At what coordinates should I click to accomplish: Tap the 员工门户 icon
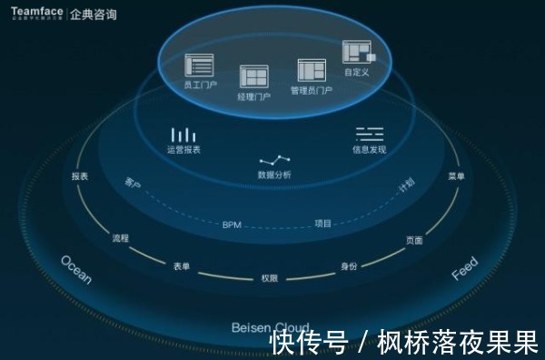coord(199,65)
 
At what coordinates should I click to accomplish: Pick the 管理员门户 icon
coord(311,70)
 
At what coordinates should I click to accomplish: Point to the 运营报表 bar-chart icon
coord(183,135)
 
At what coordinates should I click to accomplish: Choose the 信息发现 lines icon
coord(369,133)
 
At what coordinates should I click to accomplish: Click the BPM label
coord(233,224)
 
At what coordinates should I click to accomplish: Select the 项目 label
coord(323,223)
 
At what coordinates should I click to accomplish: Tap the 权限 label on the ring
coord(270,277)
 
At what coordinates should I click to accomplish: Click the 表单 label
coord(182,266)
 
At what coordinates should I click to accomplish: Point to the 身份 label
coord(349,266)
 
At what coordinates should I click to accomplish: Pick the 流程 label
coord(120,238)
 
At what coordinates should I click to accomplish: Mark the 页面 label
coord(414,241)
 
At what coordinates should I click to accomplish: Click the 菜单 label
coord(456,176)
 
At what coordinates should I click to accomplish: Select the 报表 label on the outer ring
coord(80,176)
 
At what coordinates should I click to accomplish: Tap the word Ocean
coord(75,270)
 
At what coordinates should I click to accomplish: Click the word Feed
coord(464,269)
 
